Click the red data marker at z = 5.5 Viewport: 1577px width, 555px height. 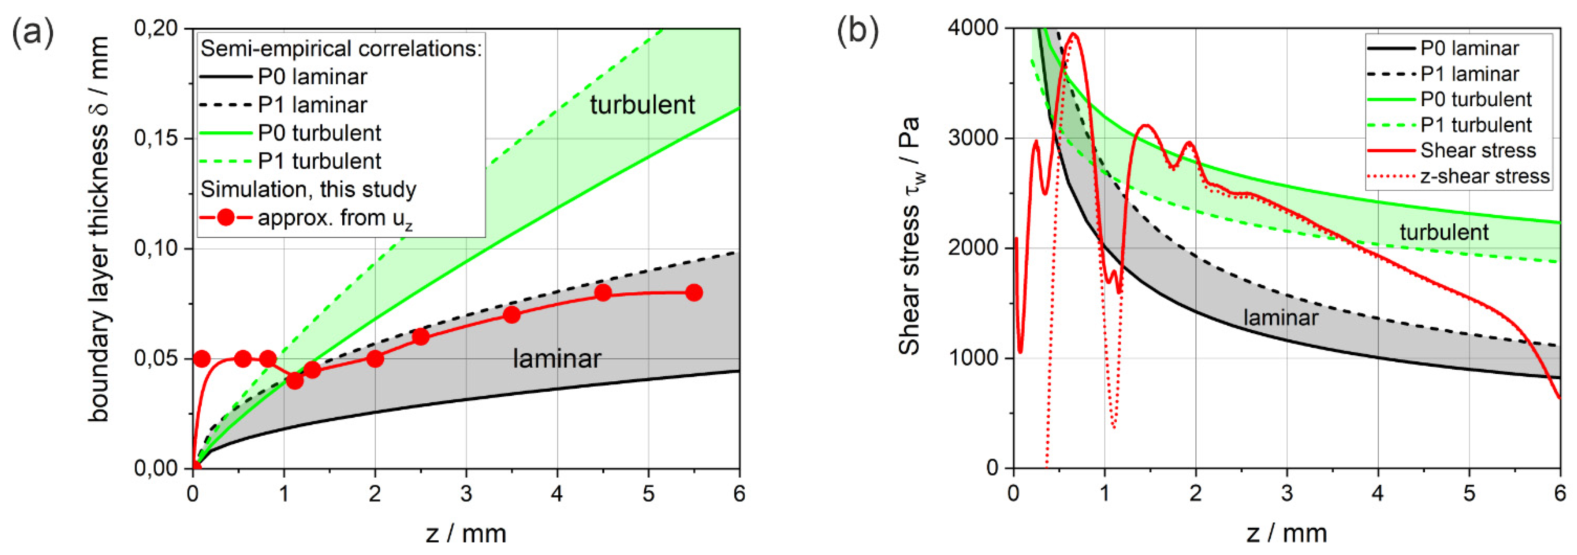point(693,292)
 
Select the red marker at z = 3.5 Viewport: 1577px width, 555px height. point(512,315)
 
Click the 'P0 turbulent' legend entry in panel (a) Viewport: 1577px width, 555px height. point(319,133)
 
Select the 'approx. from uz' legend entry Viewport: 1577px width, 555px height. point(334,218)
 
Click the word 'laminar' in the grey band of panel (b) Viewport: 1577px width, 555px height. point(1281,318)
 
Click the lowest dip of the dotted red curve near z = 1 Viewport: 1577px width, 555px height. point(1114,426)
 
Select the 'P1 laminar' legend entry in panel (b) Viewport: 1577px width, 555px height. point(1469,74)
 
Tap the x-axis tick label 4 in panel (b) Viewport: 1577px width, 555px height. point(1377,493)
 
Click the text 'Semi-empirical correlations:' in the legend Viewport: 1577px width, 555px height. point(341,49)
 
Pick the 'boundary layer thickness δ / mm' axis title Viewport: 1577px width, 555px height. point(99,230)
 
